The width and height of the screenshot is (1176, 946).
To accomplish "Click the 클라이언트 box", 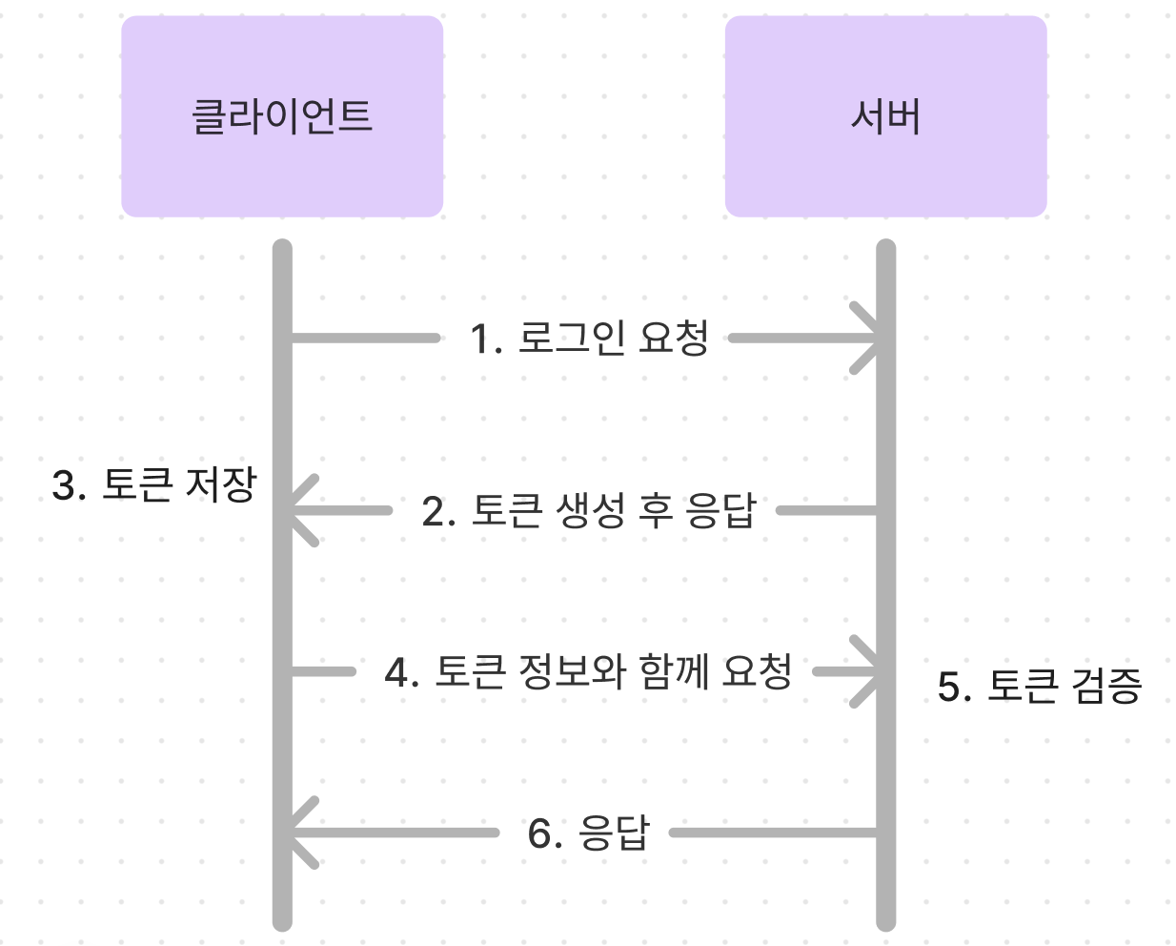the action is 282,116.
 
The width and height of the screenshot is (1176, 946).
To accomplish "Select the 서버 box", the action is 886,116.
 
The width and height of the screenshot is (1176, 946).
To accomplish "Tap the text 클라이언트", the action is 282,116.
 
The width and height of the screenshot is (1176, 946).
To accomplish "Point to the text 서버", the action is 886,116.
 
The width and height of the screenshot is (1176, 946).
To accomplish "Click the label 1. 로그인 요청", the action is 589,338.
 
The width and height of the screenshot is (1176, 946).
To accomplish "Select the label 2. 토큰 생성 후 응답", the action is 589,511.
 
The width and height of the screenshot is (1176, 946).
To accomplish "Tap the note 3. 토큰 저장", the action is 154,484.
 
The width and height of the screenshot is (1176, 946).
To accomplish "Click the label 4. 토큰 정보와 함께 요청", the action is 588,671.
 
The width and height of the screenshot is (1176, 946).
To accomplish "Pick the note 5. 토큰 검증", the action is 1040,686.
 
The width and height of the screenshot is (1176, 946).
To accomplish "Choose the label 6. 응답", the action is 589,833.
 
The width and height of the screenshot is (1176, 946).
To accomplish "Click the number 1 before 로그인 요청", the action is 481,339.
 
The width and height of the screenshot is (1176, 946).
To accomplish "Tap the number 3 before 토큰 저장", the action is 64,485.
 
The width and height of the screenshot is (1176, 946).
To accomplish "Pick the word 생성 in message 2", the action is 590,511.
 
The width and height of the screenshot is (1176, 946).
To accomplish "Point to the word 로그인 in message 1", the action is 572,338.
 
